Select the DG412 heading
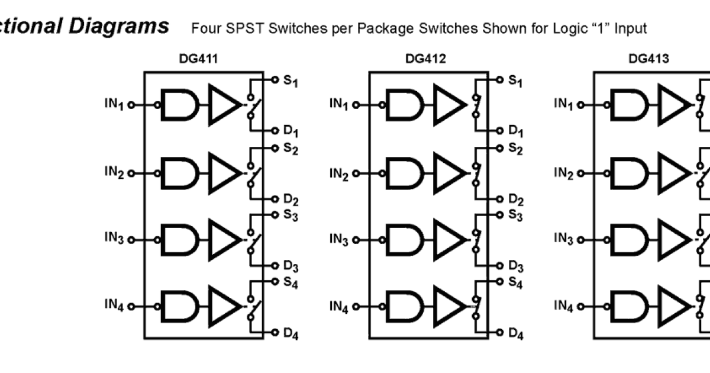pyautogui.click(x=425, y=59)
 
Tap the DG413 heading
pyautogui.click(x=649, y=59)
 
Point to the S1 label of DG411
pyautogui.click(x=291, y=81)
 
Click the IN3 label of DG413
pyautogui.click(x=563, y=239)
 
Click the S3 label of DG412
pyautogui.click(x=515, y=216)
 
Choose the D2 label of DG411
pyautogui.click(x=291, y=200)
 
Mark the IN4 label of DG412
pyautogui.click(x=339, y=306)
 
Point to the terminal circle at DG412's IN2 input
pyautogui.click(x=356, y=173)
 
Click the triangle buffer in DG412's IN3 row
pyautogui.click(x=448, y=240)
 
